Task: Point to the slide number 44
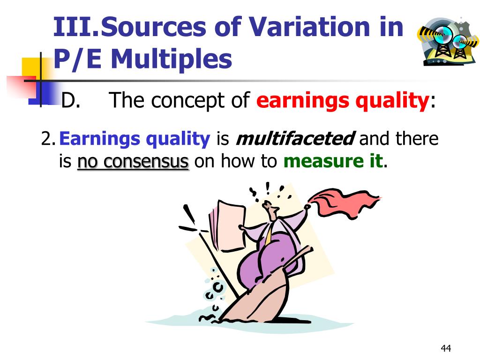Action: [x=445, y=348]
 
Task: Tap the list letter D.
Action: [x=71, y=101]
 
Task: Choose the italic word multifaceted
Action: [x=294, y=139]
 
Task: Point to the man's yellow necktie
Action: [x=269, y=234]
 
